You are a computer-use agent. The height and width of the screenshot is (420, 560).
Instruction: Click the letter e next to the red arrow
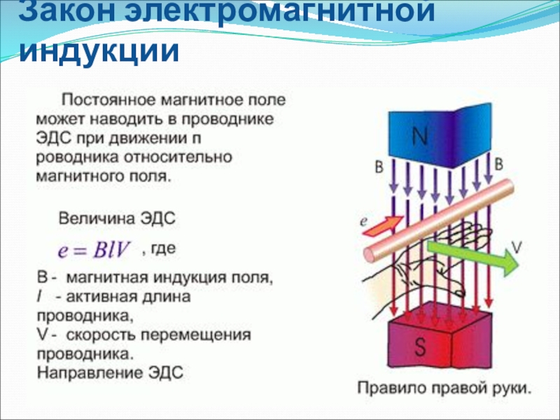(x=364, y=220)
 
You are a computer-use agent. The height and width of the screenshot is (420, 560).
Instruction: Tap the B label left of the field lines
(x=379, y=168)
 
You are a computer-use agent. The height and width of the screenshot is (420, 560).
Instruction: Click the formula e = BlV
(x=97, y=251)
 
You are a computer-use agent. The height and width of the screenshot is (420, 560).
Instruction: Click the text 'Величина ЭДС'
(x=116, y=218)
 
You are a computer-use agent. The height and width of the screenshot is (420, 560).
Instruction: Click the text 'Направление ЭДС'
(x=109, y=372)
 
